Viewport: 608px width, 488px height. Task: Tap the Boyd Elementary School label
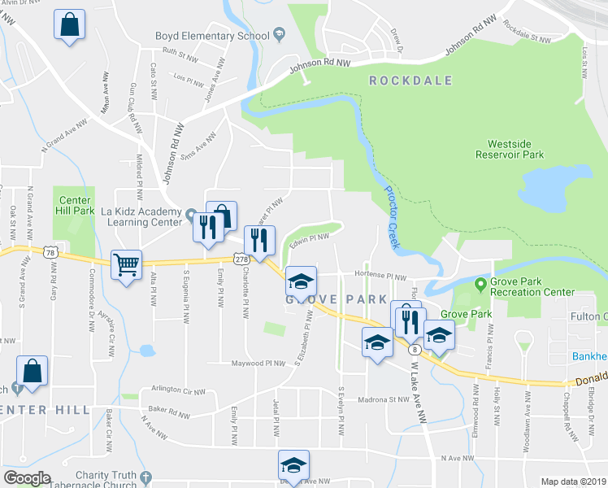[x=213, y=36]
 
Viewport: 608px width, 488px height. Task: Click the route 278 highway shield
[x=241, y=259]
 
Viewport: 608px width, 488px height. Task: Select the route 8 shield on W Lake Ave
[x=415, y=349]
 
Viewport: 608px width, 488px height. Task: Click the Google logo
[x=27, y=478]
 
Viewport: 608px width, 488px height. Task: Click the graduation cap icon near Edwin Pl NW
[x=301, y=281]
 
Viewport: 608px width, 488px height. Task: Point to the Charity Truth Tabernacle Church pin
[x=145, y=477]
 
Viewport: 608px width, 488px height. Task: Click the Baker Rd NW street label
[x=168, y=416]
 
